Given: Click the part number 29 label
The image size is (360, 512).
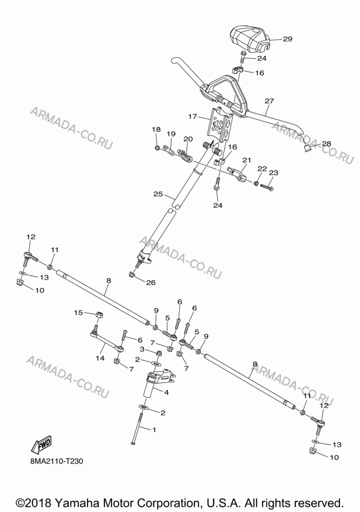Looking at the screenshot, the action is [287, 39].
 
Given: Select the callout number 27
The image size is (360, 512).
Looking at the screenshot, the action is [269, 101].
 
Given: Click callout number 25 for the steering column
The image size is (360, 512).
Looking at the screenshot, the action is [158, 194].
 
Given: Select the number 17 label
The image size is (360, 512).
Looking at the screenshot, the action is [193, 116].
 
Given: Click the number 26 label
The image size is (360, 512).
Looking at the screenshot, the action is [151, 283].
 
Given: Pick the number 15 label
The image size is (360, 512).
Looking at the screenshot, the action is [78, 313].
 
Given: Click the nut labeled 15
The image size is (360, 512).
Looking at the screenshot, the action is [100, 315].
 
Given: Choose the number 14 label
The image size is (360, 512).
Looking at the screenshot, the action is [100, 358].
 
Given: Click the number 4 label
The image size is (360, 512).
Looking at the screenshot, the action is [166, 393].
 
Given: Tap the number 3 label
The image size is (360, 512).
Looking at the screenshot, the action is [142, 349].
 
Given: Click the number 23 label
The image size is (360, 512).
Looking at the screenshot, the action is [273, 173].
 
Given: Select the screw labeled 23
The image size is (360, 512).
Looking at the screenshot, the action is [267, 187].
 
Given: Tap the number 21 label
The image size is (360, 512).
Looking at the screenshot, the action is [247, 160].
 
